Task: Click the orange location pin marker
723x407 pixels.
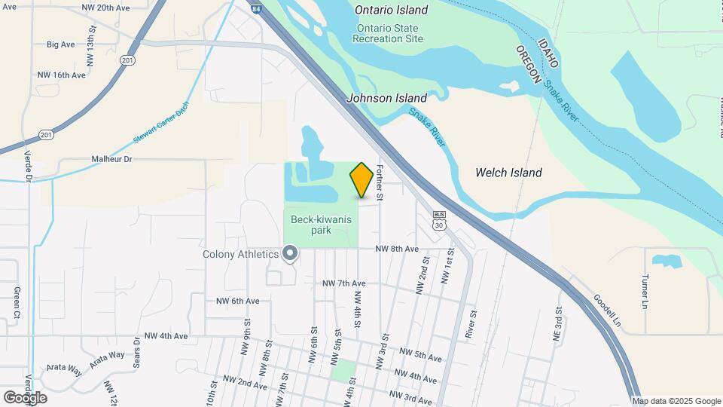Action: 361,180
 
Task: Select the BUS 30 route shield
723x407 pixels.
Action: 440,220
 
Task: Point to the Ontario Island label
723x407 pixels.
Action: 392,11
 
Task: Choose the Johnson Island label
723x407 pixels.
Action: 386,98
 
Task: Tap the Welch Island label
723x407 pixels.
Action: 508,173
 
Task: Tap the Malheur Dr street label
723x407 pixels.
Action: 111,159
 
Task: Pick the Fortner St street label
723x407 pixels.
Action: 380,183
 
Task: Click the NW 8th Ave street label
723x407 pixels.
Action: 397,249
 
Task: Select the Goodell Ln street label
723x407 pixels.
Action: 607,310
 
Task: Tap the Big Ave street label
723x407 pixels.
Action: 61,44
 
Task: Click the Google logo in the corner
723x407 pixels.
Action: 25,397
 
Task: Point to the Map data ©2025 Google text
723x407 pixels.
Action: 676,401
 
